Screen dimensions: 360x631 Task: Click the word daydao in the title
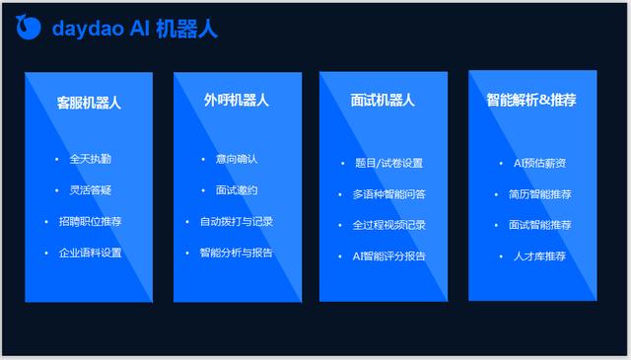(87, 29)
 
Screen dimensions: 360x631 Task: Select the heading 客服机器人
(89, 102)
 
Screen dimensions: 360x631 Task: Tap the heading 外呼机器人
(237, 101)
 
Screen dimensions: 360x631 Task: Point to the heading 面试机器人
(383, 101)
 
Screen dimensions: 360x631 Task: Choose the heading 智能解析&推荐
(531, 101)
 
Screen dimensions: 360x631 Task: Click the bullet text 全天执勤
(90, 159)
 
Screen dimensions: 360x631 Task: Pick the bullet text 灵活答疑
(90, 190)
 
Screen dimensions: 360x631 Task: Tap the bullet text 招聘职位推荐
(90, 222)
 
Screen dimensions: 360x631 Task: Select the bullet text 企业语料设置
(90, 253)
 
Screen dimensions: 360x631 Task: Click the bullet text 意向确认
(237, 159)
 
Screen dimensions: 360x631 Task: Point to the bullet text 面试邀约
(237, 190)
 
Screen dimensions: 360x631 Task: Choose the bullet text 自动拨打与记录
(237, 222)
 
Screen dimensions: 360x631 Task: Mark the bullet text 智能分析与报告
(237, 253)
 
